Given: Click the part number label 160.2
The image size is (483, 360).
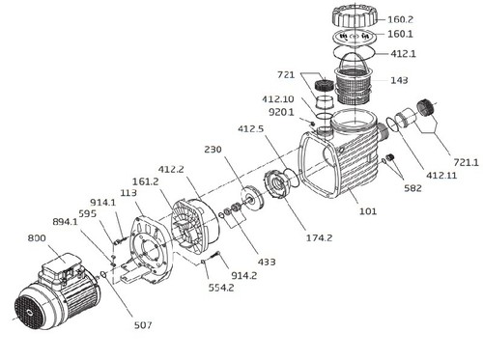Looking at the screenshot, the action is (x=400, y=19).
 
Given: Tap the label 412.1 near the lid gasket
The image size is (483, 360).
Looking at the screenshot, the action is (x=403, y=53).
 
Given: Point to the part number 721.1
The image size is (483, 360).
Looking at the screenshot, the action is (x=466, y=162).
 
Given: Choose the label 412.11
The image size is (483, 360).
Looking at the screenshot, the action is (x=441, y=176).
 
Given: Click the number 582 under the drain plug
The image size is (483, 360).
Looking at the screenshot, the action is (x=412, y=188).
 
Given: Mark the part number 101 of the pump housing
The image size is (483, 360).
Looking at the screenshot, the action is (x=368, y=211).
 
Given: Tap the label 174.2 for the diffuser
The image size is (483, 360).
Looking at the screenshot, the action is (x=319, y=238).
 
